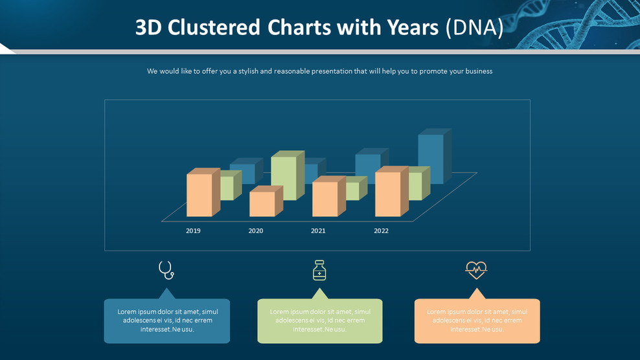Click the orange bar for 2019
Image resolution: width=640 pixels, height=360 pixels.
[x=200, y=195]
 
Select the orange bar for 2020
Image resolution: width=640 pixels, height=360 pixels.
[x=262, y=204]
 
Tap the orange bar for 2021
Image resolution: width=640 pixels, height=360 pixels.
[x=325, y=199]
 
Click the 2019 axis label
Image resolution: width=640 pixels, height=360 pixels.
[x=193, y=231]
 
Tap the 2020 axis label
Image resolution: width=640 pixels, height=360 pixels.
[x=256, y=231]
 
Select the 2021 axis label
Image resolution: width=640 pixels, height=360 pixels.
[x=318, y=231]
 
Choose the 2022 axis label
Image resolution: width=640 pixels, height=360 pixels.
[x=381, y=231]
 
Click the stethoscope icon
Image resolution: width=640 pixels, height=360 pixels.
[x=166, y=270]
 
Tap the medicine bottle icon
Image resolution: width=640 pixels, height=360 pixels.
[x=319, y=270]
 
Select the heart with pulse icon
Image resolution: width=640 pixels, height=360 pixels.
[x=476, y=269]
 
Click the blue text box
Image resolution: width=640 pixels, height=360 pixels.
[x=167, y=321]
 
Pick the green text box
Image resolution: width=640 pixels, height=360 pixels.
[x=320, y=321]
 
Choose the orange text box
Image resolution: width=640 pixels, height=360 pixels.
[x=477, y=321]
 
